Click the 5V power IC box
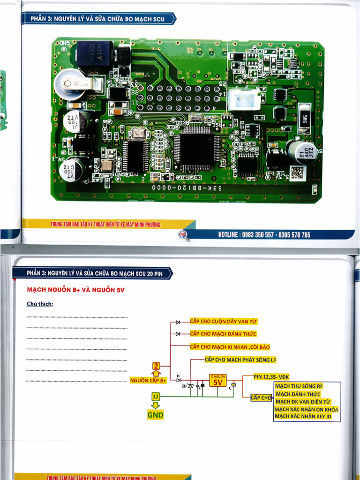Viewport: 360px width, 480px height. click(217, 381)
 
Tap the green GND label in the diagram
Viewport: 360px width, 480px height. click(156, 415)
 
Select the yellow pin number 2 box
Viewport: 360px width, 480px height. click(157, 366)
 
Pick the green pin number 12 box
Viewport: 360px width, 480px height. click(156, 397)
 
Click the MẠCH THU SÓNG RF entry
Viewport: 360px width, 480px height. click(299, 386)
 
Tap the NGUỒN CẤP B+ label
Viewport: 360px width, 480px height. click(149, 381)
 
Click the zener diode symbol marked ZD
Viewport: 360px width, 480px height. click(190, 385)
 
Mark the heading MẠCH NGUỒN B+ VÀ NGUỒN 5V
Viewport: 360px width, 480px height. click(76, 290)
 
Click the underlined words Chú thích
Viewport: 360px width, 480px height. click(40, 304)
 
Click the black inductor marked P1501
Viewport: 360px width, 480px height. click(96, 54)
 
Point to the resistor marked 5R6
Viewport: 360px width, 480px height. click(304, 115)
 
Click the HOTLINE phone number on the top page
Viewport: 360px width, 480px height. click(264, 235)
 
